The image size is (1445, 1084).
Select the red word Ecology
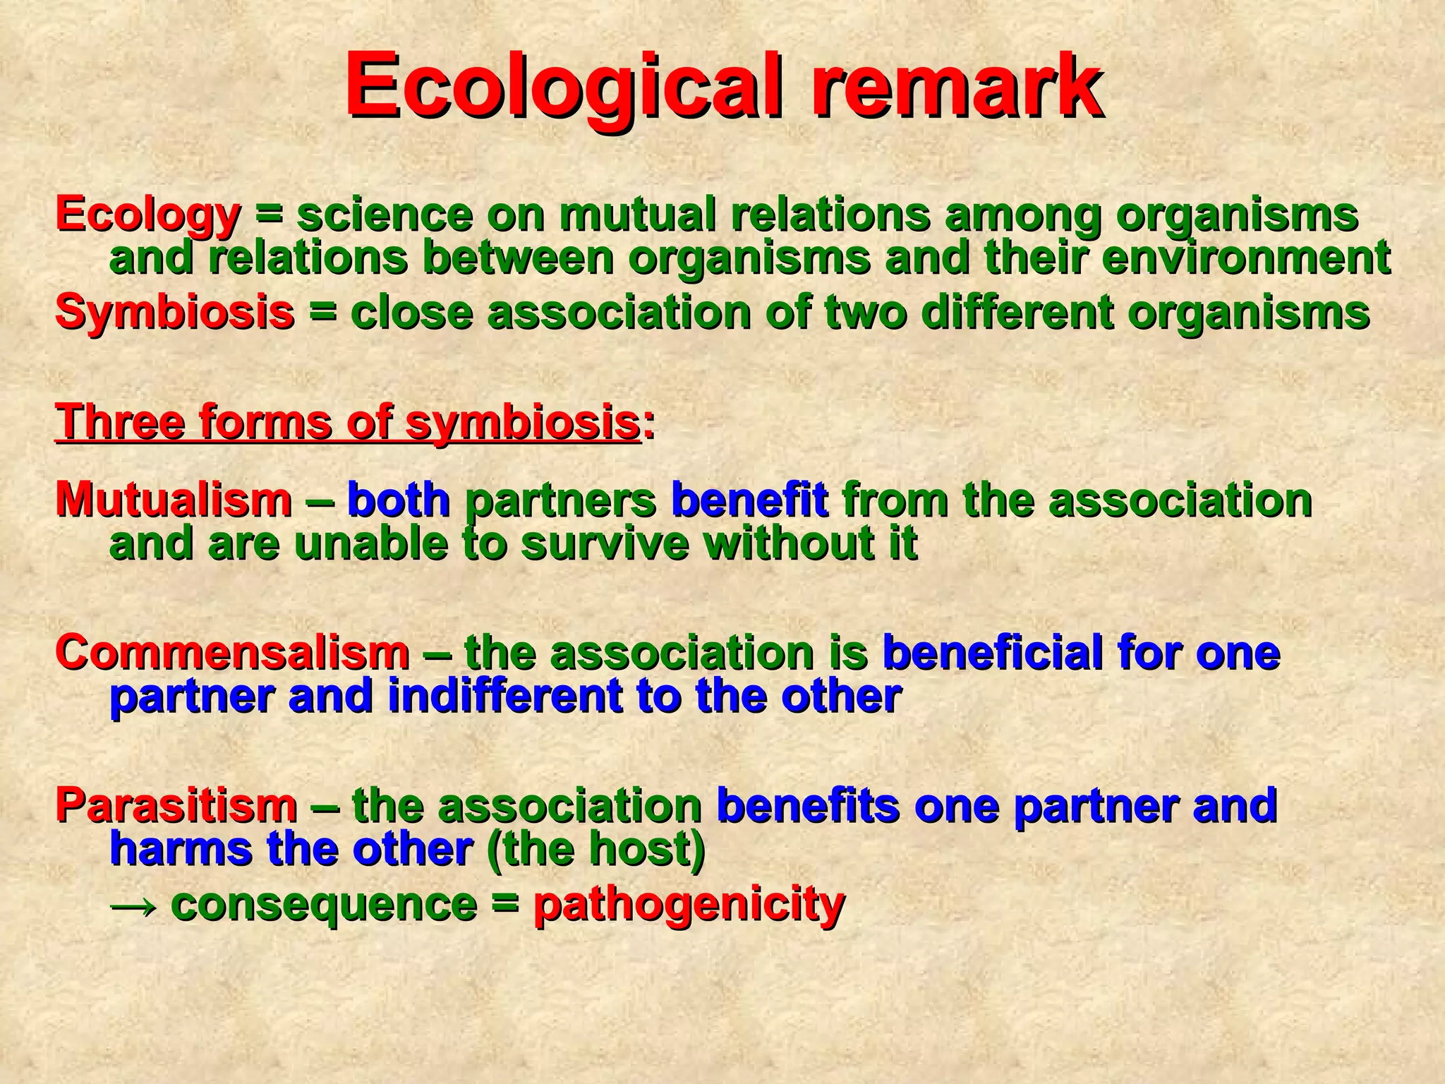tap(148, 215)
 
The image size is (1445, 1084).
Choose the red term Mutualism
tap(174, 500)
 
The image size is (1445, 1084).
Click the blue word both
tap(399, 500)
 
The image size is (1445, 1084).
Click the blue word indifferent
tap(505, 697)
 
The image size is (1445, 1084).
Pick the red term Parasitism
tap(176, 806)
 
